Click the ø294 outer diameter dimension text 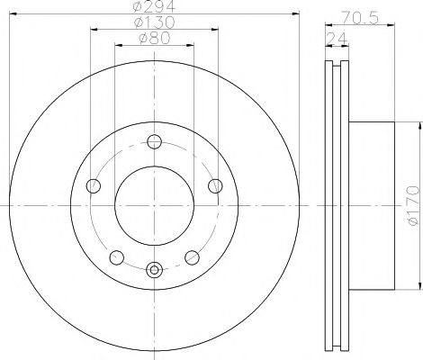pyautogui.click(x=154, y=8)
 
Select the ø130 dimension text pyautogui.click(x=154, y=23)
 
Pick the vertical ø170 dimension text pyautogui.click(x=411, y=205)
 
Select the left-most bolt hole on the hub pyautogui.click(x=94, y=185)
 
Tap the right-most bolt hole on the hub pyautogui.click(x=214, y=185)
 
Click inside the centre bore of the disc pyautogui.click(x=154, y=203)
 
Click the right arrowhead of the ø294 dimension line pyautogui.click(x=294, y=14)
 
